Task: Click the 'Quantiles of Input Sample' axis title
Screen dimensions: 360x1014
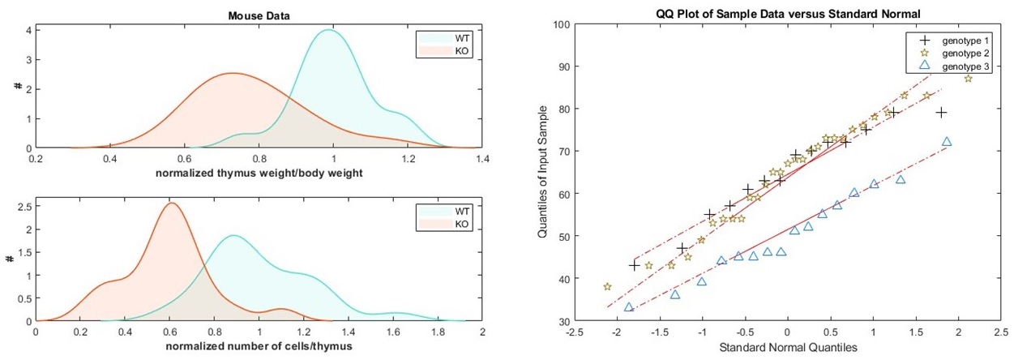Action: pyautogui.click(x=542, y=174)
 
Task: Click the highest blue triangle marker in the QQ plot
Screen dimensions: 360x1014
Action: pyautogui.click(x=946, y=142)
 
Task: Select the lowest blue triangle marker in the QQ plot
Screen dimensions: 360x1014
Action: pyautogui.click(x=628, y=307)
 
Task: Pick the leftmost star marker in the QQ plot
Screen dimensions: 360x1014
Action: pyautogui.click(x=607, y=287)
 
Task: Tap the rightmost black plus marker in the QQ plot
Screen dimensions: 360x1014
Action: pyautogui.click(x=941, y=112)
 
